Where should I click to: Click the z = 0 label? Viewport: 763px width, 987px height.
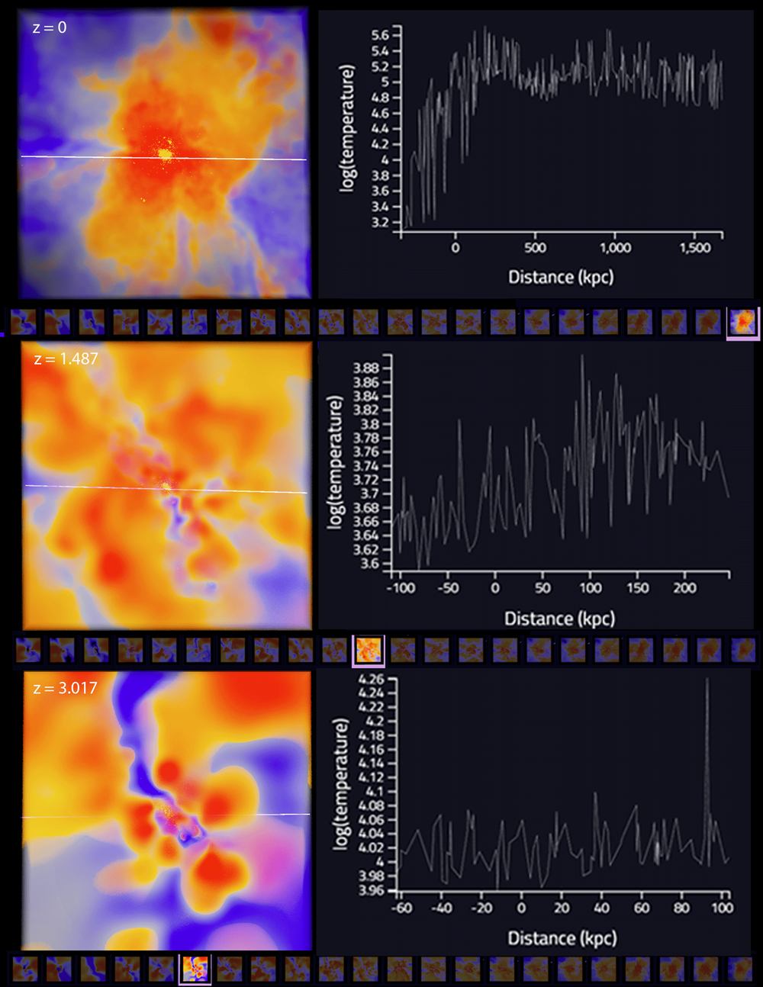pyautogui.click(x=50, y=27)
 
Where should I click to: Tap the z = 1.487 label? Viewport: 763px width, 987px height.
pyautogui.click(x=66, y=358)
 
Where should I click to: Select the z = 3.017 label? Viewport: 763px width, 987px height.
pyautogui.click(x=66, y=688)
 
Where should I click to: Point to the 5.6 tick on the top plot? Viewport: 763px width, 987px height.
pyautogui.click(x=380, y=35)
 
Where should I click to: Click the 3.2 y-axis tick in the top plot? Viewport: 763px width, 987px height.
pyautogui.click(x=380, y=223)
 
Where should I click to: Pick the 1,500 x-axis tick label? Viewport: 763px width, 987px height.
pyautogui.click(x=694, y=248)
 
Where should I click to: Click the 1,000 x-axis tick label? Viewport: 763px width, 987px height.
pyautogui.click(x=615, y=248)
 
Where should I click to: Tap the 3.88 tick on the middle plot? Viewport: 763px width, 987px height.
pyautogui.click(x=366, y=368)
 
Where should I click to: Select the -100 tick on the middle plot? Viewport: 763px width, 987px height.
pyautogui.click(x=401, y=588)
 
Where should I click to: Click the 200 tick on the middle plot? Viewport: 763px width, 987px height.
pyautogui.click(x=684, y=588)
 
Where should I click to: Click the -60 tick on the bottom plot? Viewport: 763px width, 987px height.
pyautogui.click(x=401, y=908)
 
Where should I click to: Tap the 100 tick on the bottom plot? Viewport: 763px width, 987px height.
pyautogui.click(x=722, y=908)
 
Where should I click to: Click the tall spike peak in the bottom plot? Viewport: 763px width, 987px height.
pyautogui.click(x=707, y=679)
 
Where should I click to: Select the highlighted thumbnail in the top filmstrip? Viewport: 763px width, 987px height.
pyautogui.click(x=743, y=322)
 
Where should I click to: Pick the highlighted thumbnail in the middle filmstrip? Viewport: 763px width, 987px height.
pyautogui.click(x=369, y=651)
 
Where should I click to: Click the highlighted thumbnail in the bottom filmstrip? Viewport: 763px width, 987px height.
pyautogui.click(x=195, y=969)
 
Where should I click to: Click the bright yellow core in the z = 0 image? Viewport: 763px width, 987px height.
pyautogui.click(x=165, y=154)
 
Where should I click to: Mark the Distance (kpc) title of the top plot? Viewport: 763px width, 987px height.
pyautogui.click(x=561, y=277)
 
